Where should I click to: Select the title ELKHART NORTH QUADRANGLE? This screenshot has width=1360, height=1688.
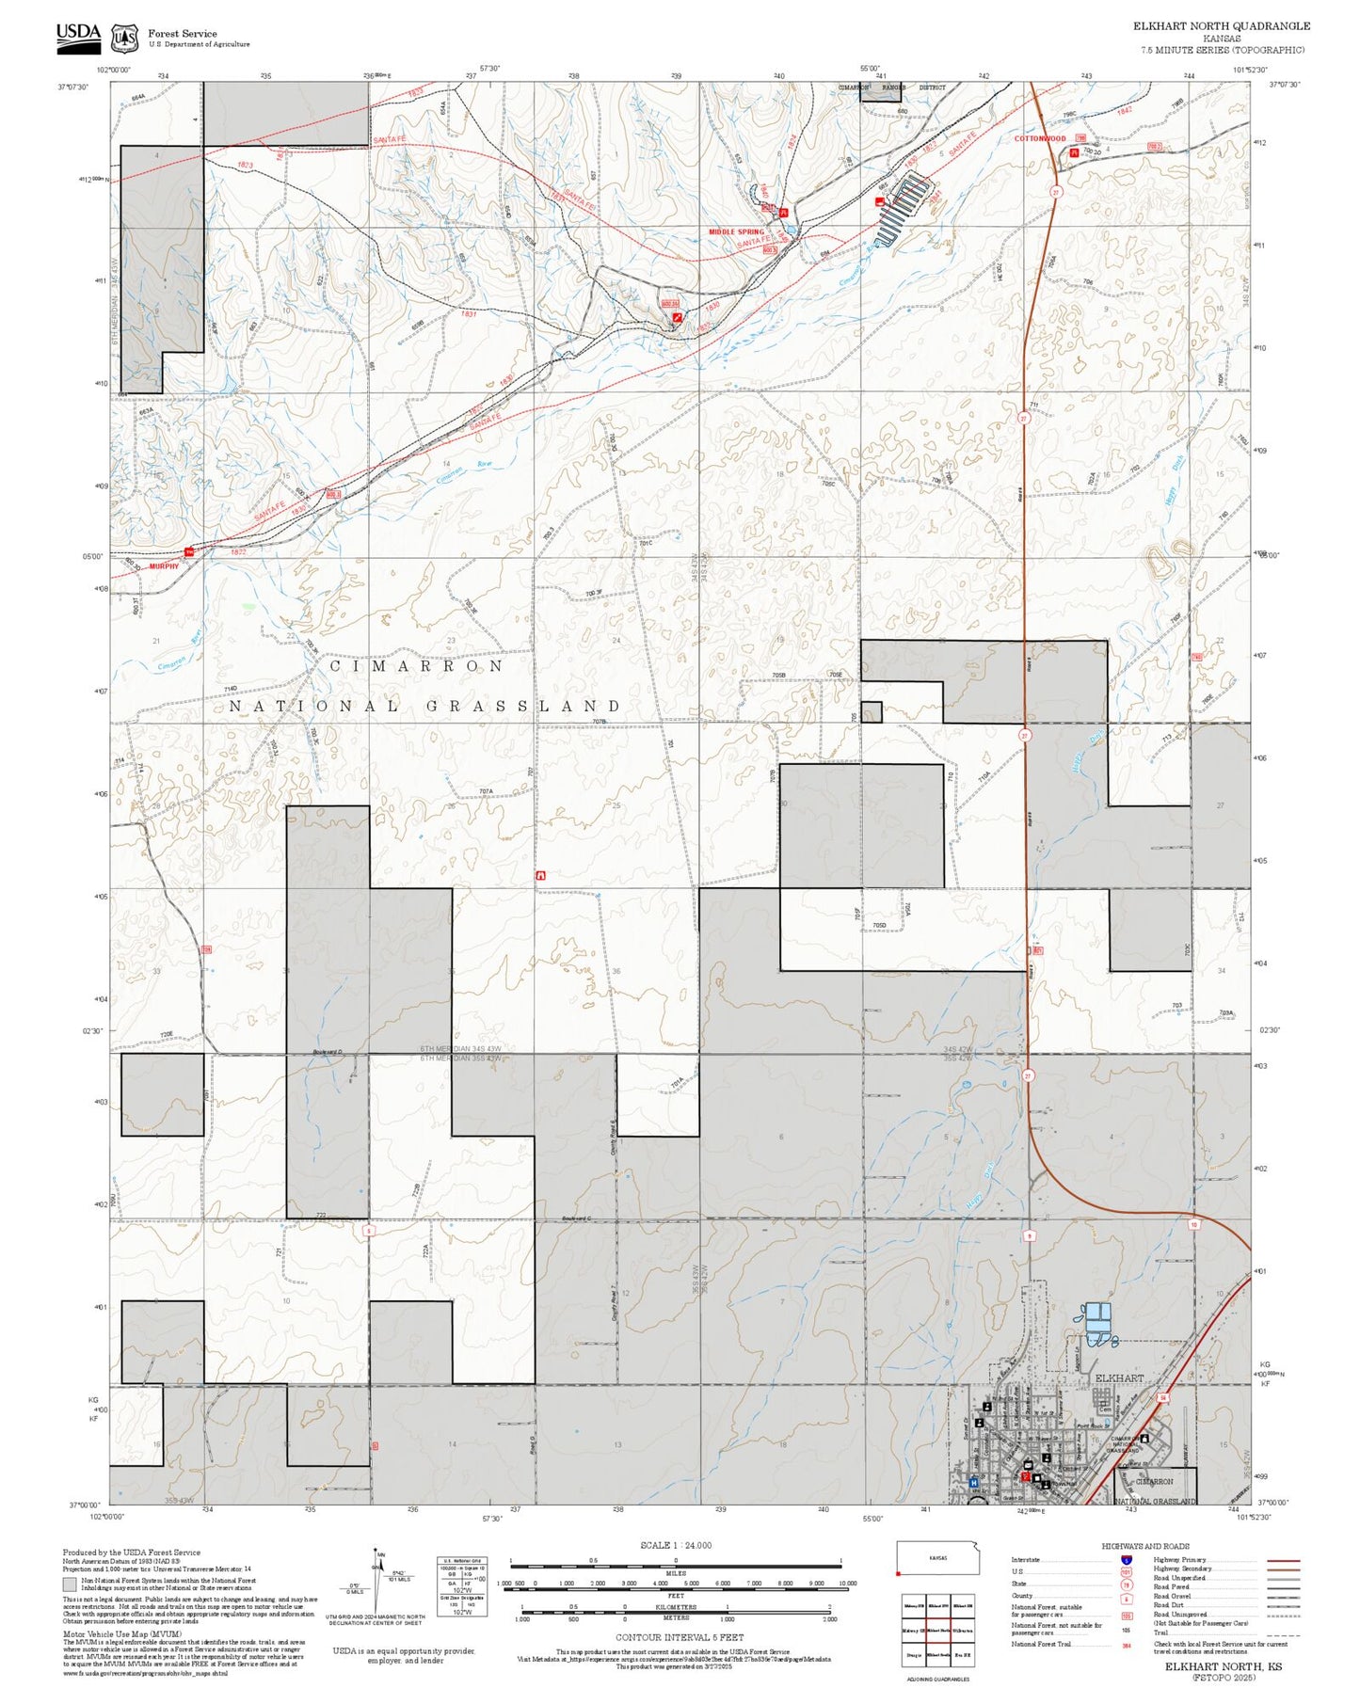1221,26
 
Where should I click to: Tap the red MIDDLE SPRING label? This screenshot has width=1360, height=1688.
736,231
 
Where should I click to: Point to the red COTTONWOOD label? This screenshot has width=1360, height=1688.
1039,138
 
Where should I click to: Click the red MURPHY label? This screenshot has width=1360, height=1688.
163,566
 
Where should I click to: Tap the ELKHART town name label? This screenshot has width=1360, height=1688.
1119,1377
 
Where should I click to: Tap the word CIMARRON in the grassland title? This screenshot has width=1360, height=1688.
417,665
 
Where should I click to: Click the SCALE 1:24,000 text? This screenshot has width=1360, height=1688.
675,1545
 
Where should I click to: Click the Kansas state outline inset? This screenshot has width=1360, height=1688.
937,1558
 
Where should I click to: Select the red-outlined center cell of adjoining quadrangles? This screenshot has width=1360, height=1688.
937,1631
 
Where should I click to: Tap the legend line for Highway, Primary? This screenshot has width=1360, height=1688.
1282,1560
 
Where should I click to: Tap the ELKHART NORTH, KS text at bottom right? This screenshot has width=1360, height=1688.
1223,1666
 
